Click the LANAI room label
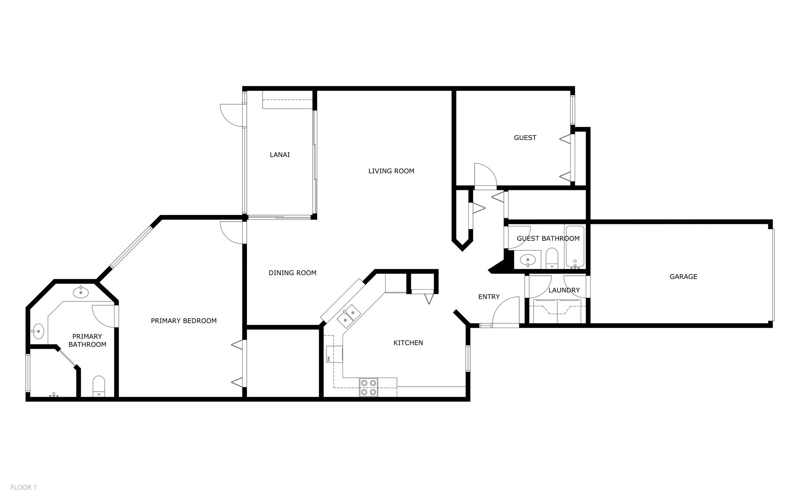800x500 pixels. pos(280,155)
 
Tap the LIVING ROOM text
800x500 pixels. pos(391,171)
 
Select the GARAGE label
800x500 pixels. pos(683,277)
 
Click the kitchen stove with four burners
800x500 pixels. pos(369,387)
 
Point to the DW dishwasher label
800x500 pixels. pos(329,358)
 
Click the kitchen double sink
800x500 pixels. pos(349,316)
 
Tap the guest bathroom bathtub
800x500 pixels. pos(575,246)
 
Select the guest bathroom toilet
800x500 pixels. pos(552,258)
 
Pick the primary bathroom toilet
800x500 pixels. pos(99,386)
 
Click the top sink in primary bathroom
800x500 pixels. pos(80,292)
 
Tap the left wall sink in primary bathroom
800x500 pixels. pos(38,332)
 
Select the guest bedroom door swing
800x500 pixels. pos(484,175)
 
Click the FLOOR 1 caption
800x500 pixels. pos(23,487)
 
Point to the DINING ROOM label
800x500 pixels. pos(292,273)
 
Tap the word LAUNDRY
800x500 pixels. pos(564,290)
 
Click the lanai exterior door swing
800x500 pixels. pos(232,115)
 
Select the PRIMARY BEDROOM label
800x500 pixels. pos(184,321)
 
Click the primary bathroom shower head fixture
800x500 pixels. pos(54,395)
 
